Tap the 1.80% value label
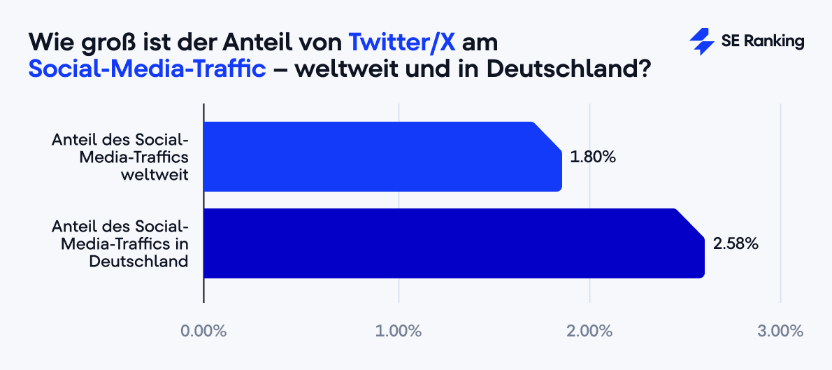592,157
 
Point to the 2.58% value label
735,244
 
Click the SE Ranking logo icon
701,42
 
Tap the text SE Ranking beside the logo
762,42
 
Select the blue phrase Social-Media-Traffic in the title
148,69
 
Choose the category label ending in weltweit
120,157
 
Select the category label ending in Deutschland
120,243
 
